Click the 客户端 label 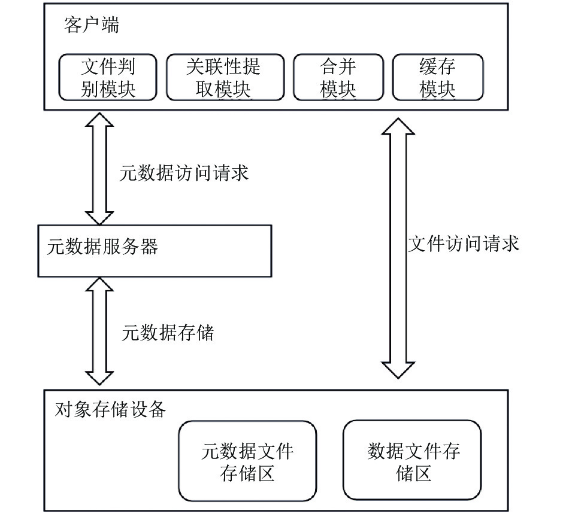tap(92, 25)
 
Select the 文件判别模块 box tap(108, 77)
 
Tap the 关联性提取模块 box tap(225, 77)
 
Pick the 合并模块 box tap(338, 77)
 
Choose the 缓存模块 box tap(437, 77)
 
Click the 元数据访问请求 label tap(184, 173)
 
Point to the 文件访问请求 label tap(464, 244)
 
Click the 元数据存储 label tap(168, 332)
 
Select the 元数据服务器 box tap(155, 251)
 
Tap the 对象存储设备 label tap(110, 409)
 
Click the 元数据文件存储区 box tap(247, 461)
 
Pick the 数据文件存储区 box tap(412, 460)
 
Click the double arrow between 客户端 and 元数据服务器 tap(99, 169)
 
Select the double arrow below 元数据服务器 tap(99, 331)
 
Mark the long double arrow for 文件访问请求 tap(398, 248)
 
